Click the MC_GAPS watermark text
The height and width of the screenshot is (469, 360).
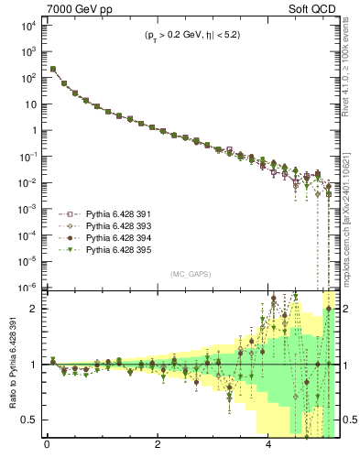191,274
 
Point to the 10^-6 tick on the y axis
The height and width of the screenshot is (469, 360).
27,287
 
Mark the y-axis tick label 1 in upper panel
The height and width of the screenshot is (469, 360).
35,130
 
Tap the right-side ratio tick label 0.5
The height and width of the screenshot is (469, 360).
348,420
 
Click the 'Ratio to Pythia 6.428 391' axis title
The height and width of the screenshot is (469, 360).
12,366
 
